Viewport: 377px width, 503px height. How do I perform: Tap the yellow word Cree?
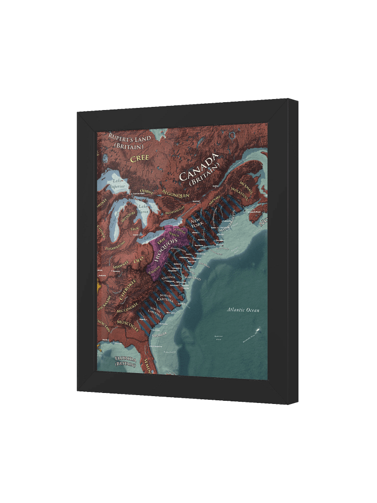140,158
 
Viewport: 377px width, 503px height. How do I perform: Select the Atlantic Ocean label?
243,310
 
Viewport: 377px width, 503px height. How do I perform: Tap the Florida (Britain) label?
126,361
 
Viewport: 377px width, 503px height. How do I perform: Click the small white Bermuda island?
258,330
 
